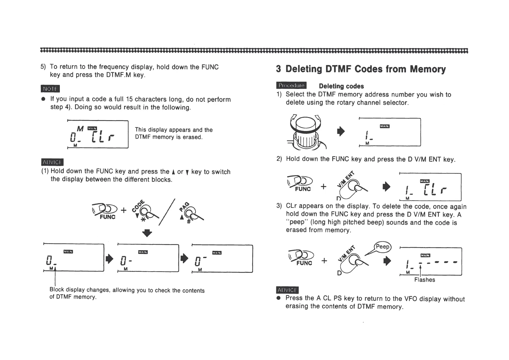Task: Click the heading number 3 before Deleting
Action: click(278, 69)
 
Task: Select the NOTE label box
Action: click(50, 89)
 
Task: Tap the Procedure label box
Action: click(291, 86)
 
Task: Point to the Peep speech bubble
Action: click(382, 247)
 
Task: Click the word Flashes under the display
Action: click(424, 280)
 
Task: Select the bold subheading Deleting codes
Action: click(341, 86)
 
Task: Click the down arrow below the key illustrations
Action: click(147, 233)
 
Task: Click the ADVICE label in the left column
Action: click(52, 162)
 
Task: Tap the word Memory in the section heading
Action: click(428, 69)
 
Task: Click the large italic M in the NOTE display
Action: click(80, 129)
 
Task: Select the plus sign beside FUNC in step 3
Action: click(324, 260)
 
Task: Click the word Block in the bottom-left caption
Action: click(57, 290)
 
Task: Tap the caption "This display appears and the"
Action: click(173, 130)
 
